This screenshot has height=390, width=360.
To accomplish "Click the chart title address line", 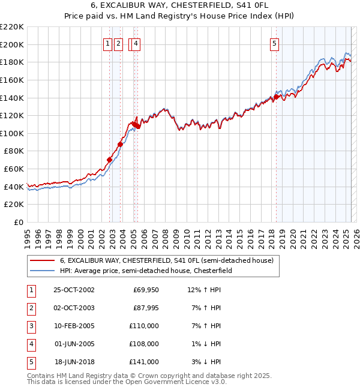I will click(179, 7).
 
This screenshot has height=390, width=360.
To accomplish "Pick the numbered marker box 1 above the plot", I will click(107, 43).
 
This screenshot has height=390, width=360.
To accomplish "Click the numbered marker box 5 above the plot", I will click(274, 43).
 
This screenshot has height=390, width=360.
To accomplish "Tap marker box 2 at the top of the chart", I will click(118, 43).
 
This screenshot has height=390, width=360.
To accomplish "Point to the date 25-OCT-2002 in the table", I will click(74, 290).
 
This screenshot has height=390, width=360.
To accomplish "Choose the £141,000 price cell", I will click(145, 362).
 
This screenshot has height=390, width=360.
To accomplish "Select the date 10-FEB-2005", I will click(74, 326).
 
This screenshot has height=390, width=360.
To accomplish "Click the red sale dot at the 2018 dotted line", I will click(276, 96).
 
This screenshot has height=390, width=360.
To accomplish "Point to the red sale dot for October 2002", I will click(110, 160).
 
